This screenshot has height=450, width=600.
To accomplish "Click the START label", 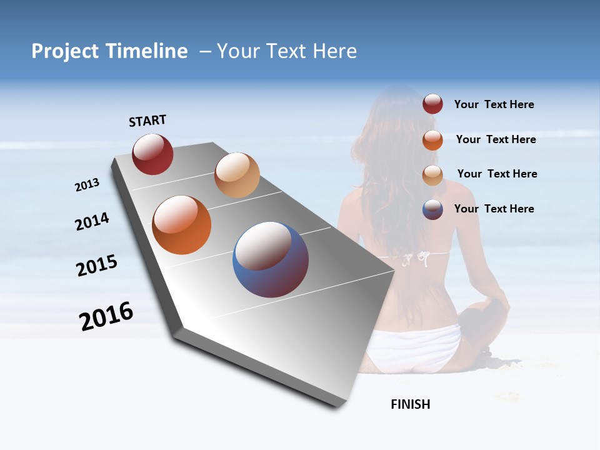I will point(147,121).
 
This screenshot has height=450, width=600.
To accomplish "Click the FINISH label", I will point(411,404).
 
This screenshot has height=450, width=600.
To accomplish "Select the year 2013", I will point(87,185).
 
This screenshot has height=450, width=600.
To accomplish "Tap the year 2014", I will point(92,222).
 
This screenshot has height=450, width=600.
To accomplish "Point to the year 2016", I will point(106,316).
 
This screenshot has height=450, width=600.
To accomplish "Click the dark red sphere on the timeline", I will point(152,154).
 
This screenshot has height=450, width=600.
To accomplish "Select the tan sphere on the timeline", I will point(237,175).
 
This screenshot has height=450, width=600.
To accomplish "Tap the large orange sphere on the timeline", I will point(181,225).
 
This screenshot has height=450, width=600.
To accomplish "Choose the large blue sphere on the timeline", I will point(271,259).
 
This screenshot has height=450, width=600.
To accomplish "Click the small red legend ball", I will point(432,104).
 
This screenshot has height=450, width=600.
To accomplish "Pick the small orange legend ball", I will point(432,139).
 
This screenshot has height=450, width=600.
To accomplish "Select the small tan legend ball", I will point(432,174).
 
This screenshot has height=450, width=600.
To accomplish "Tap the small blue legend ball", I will point(432,209).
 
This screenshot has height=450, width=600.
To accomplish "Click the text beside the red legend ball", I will point(494,104).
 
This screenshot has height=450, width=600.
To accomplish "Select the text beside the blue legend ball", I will point(494,209).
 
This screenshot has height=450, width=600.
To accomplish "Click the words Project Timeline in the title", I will point(109,51).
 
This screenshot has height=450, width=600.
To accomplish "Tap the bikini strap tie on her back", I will point(415,256).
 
